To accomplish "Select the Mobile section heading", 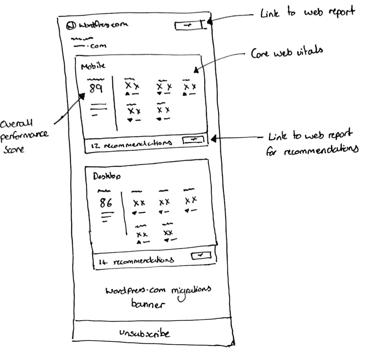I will (x=93, y=66).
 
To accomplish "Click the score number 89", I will (x=96, y=89).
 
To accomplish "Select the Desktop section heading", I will (x=104, y=176).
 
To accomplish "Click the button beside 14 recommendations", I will (x=201, y=255).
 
